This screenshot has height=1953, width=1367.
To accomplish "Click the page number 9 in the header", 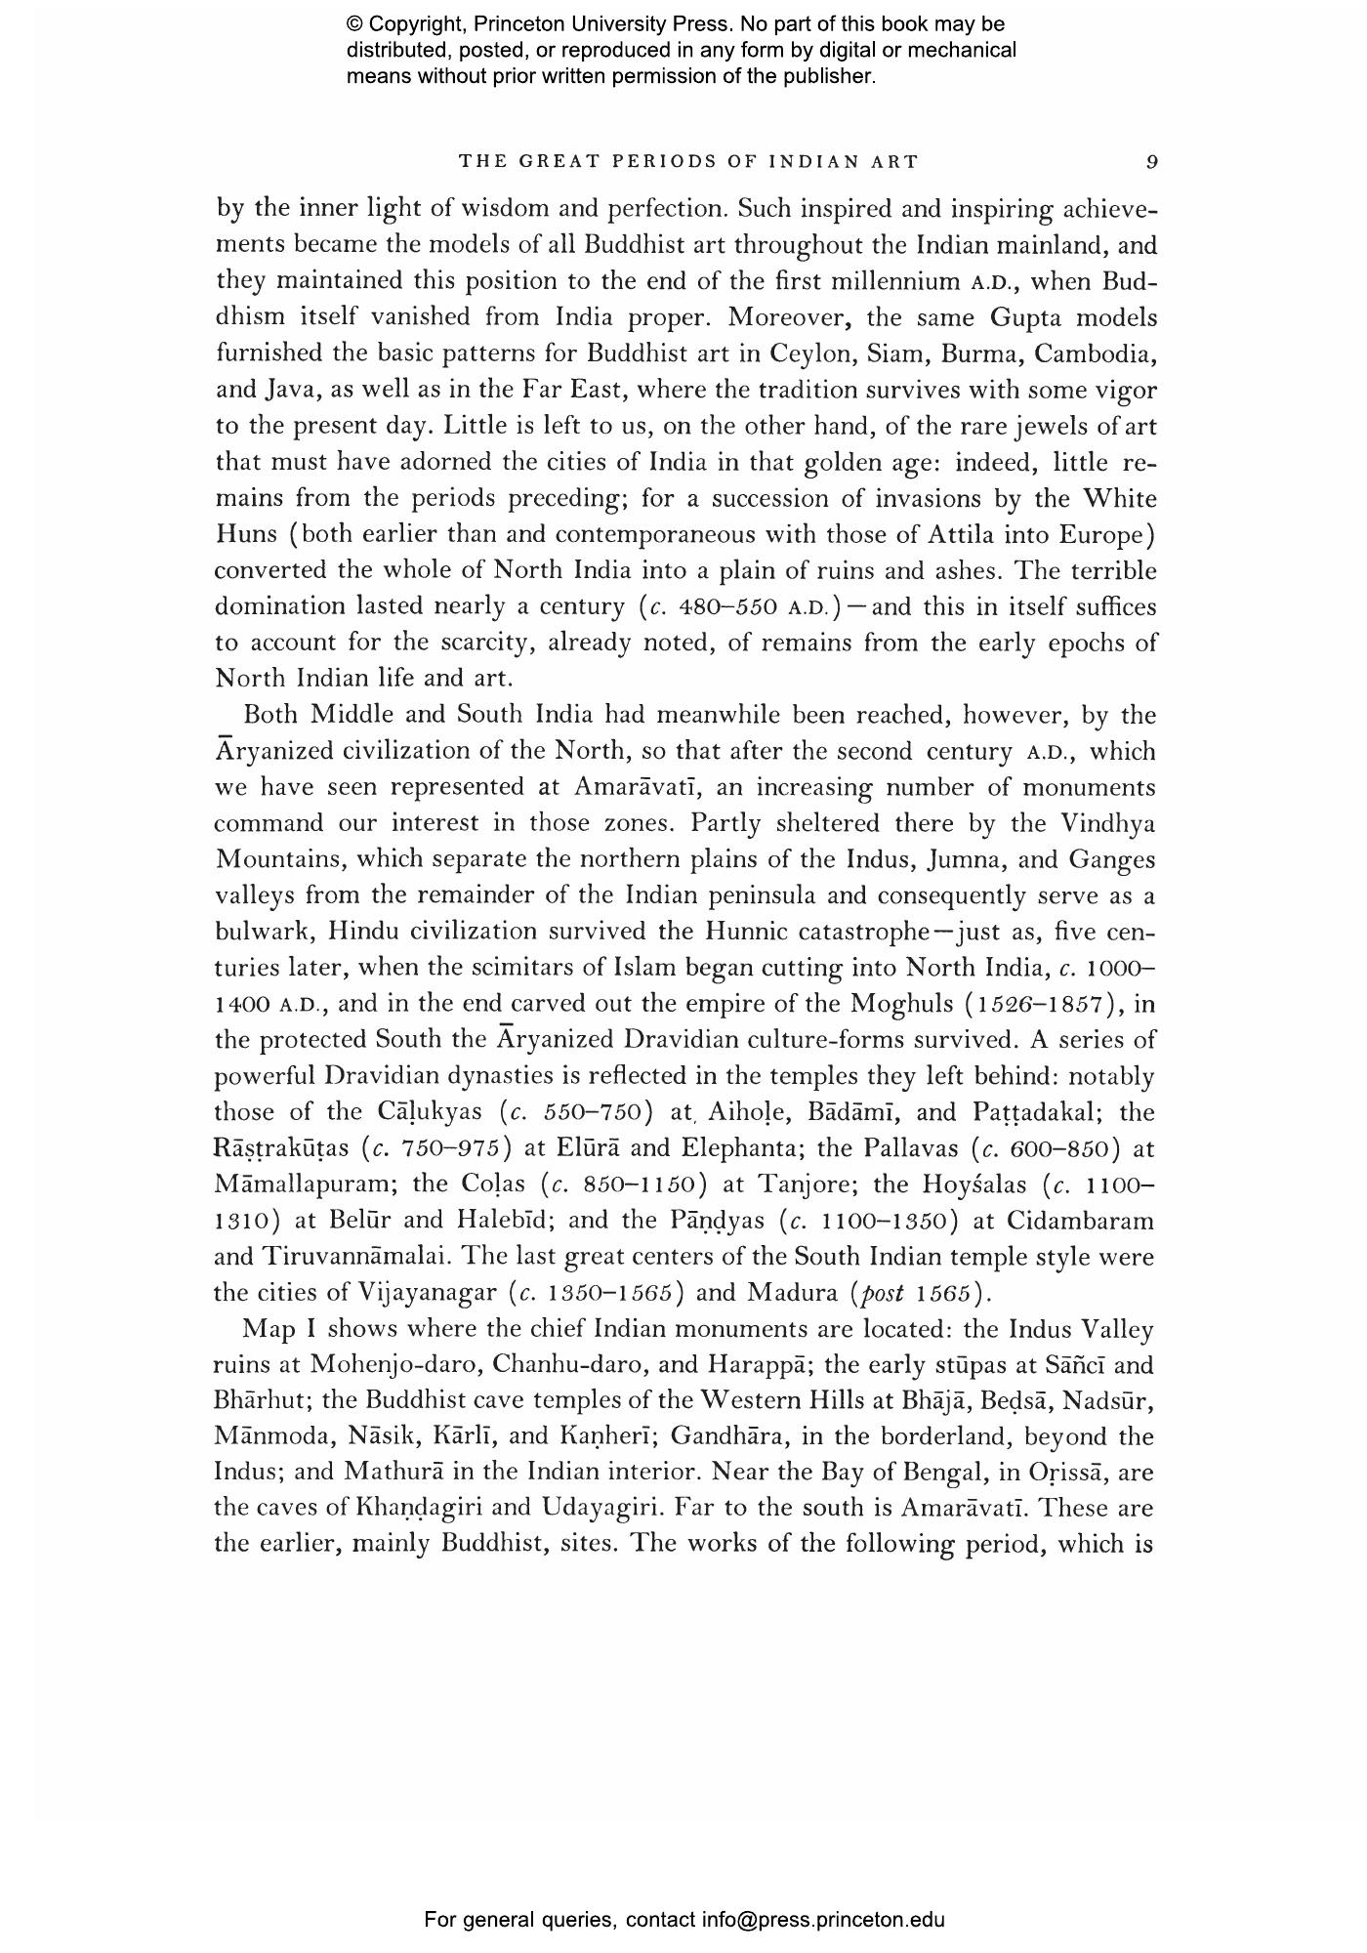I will (x=1152, y=162).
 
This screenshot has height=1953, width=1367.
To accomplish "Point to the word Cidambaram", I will (x=1080, y=1221).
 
